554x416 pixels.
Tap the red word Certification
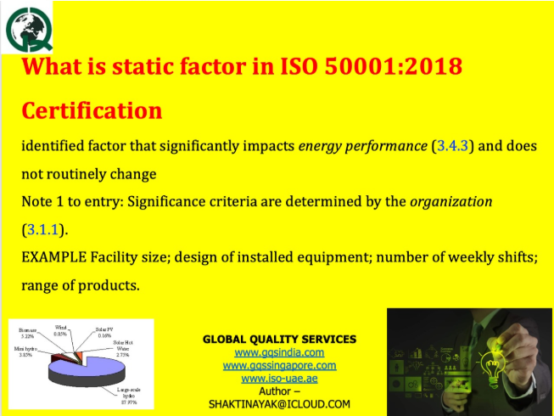[x=92, y=110]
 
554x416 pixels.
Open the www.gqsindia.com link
[x=279, y=351]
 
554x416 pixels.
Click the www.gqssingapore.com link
[x=279, y=365]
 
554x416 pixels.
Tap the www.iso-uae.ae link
[x=279, y=378]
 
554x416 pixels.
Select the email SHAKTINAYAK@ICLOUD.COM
[x=279, y=404]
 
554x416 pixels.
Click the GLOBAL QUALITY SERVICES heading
[x=279, y=339]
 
